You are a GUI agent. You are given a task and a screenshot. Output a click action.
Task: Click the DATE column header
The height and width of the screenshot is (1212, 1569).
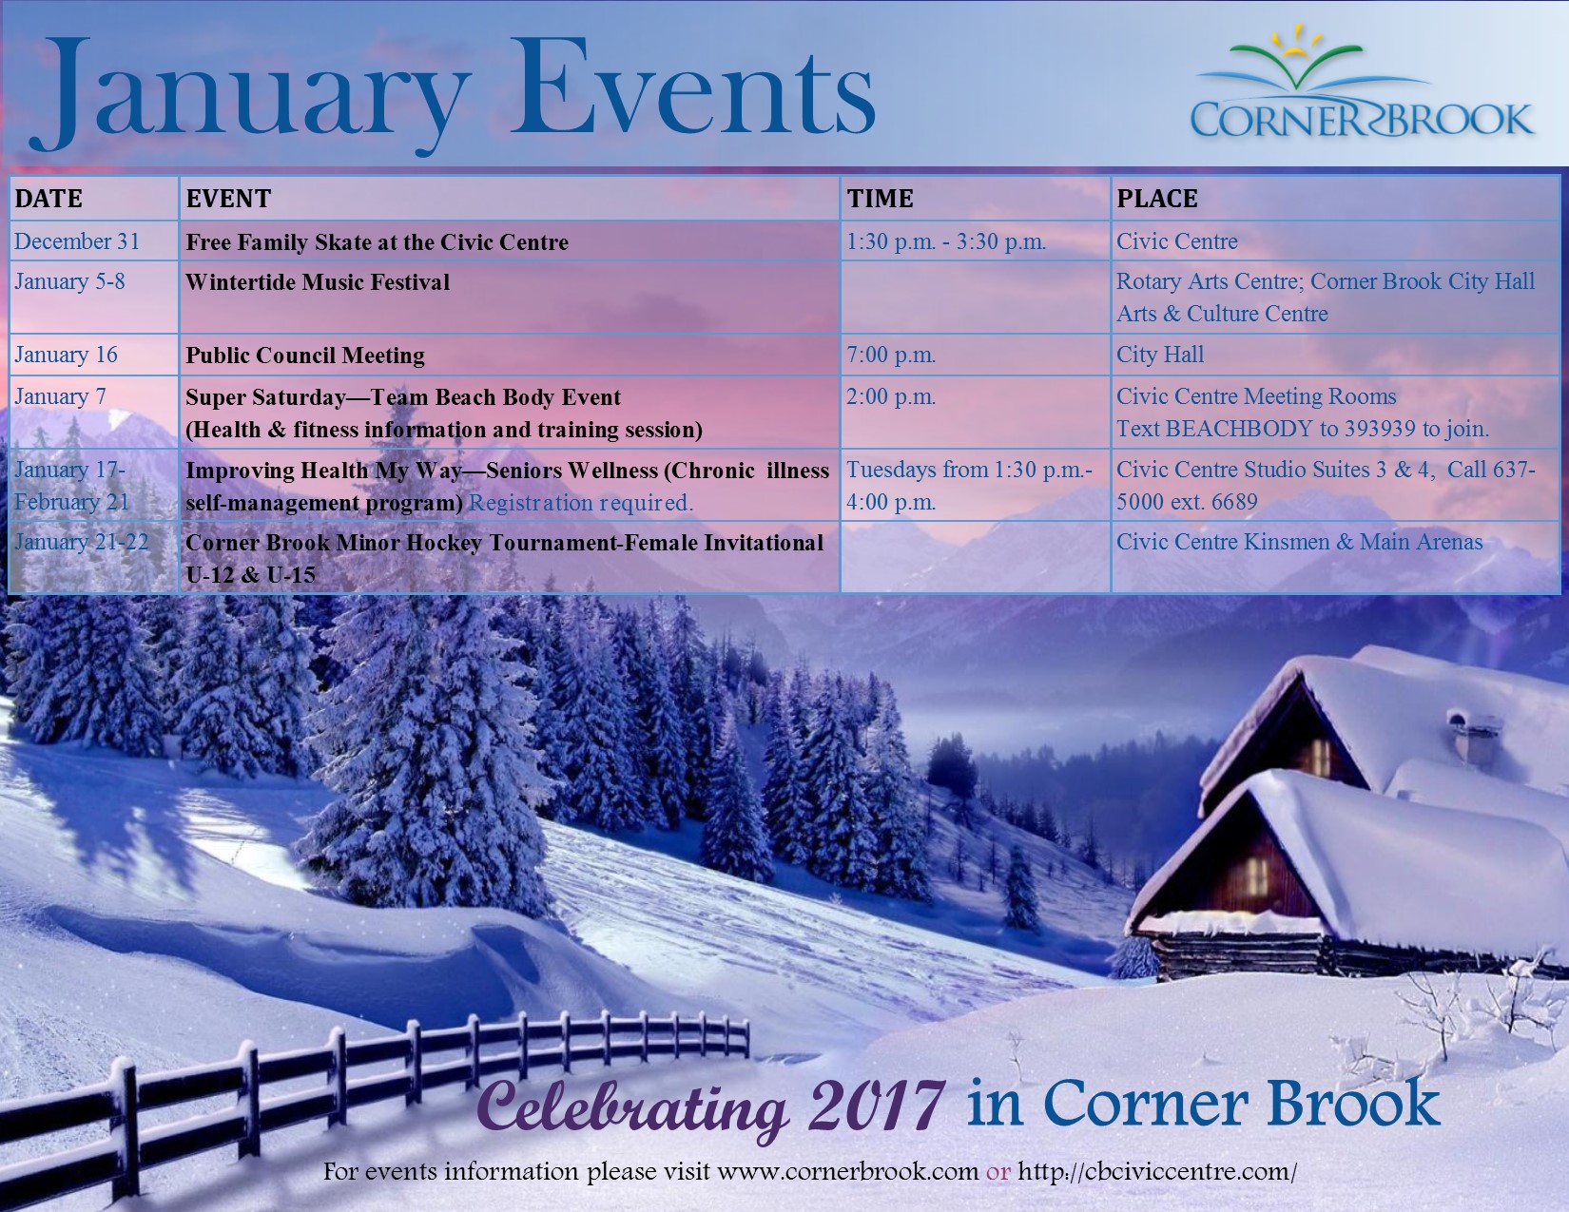[x=48, y=199]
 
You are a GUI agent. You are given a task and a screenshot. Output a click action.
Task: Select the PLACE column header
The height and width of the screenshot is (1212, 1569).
[x=1156, y=199]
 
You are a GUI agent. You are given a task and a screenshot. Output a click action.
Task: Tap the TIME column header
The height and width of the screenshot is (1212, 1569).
[x=880, y=199]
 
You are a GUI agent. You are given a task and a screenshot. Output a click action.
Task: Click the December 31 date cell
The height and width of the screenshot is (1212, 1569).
[x=77, y=240]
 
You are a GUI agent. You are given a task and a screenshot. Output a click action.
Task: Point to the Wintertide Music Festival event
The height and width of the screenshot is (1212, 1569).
[x=318, y=281]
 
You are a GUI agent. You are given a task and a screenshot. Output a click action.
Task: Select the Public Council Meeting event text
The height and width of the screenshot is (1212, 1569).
[x=305, y=356]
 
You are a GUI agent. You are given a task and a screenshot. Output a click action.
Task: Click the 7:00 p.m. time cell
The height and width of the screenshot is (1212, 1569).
[x=891, y=355]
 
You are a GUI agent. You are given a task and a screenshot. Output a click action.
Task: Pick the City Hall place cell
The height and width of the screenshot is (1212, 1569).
[x=1160, y=354]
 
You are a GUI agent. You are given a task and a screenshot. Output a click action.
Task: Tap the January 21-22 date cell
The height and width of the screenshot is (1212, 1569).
[x=82, y=542]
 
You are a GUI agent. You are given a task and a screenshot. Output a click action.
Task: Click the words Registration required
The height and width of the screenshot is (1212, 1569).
[x=581, y=503]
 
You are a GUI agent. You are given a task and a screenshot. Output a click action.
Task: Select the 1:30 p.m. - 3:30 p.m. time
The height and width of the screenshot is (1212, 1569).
[x=946, y=241]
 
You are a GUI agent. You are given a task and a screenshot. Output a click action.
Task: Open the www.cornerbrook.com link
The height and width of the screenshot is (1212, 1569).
[x=847, y=1171]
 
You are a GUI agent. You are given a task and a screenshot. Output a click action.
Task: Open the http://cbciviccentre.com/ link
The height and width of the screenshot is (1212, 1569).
[x=1157, y=1171]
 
